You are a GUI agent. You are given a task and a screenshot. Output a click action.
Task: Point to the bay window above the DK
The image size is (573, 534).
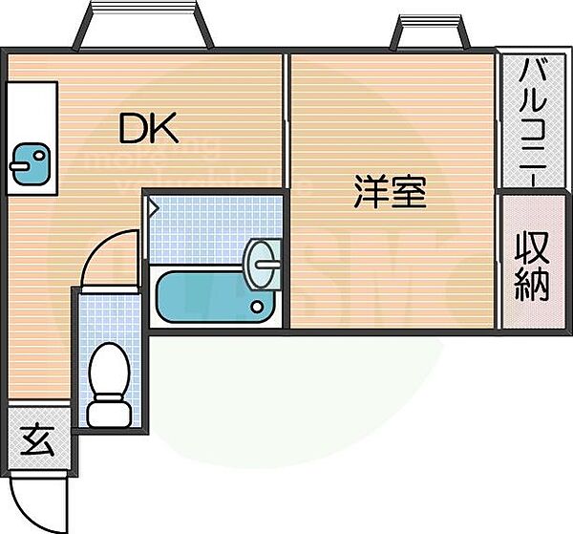(x=143, y=27)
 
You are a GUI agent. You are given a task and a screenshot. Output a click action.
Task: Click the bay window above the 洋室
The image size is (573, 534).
(x=430, y=32)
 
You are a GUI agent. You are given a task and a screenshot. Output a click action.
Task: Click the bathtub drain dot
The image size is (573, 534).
(x=256, y=307)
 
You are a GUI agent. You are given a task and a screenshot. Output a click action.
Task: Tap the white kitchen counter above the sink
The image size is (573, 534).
(x=31, y=111)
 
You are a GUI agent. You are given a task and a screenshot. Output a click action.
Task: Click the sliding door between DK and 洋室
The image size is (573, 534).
(x=286, y=124)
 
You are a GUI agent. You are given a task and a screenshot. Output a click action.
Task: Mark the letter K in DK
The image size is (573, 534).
(x=164, y=127)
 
